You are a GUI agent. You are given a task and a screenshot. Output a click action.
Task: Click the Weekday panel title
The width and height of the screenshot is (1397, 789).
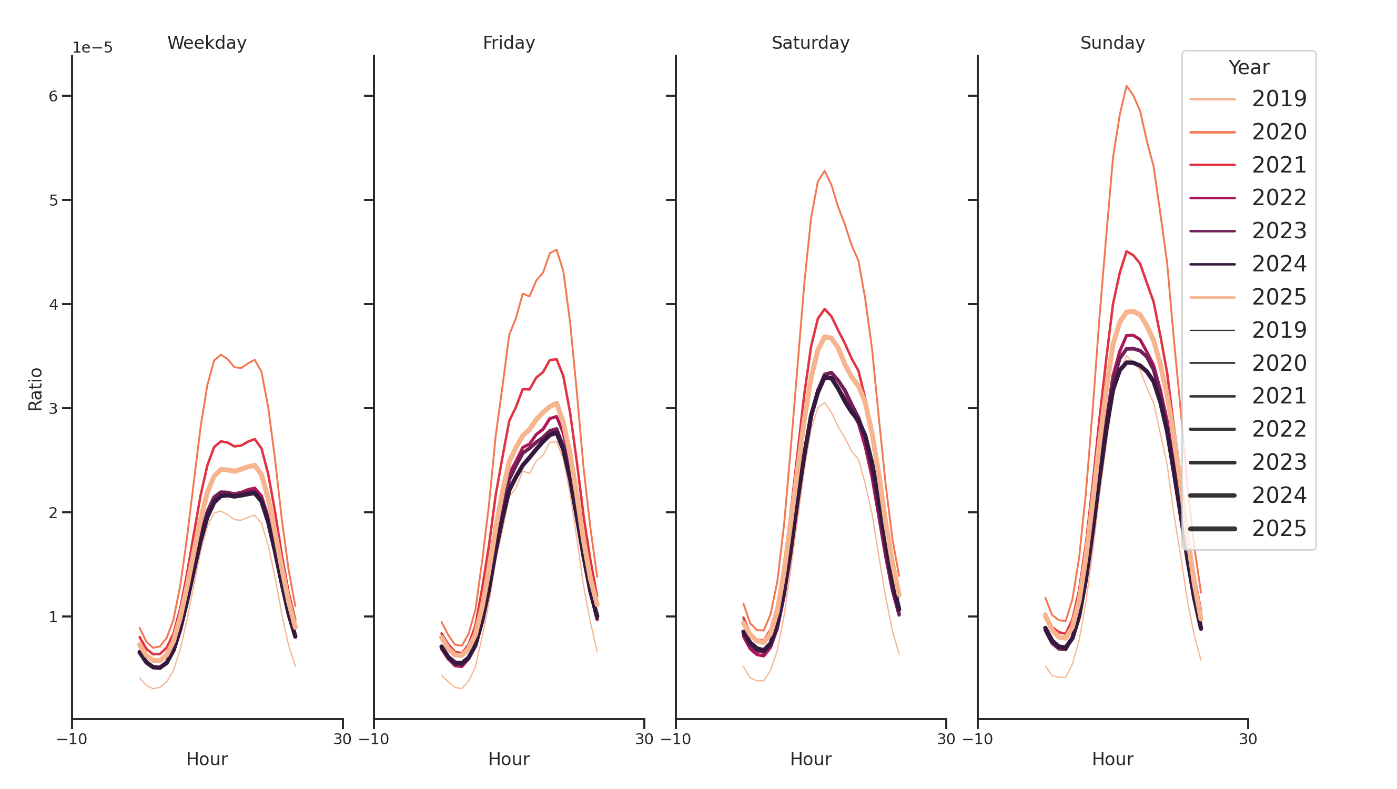click(x=207, y=43)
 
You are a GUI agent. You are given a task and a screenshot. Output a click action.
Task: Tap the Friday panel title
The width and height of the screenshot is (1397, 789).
click(x=509, y=43)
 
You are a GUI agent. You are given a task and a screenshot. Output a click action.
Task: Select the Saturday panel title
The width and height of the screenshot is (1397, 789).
click(x=810, y=43)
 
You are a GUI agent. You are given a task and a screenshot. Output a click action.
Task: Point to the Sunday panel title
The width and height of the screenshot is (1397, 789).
click(x=1112, y=43)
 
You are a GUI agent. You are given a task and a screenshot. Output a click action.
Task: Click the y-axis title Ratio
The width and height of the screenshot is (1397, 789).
click(x=35, y=389)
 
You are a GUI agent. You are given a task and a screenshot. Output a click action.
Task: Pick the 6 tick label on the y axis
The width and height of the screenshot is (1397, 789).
click(x=53, y=96)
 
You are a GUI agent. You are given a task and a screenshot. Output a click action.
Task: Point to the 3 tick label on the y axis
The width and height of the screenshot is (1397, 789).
click(x=53, y=408)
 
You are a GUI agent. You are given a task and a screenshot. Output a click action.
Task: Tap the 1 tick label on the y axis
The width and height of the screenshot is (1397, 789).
click(x=53, y=616)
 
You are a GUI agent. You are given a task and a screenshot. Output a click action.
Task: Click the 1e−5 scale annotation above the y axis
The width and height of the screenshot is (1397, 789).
click(x=93, y=48)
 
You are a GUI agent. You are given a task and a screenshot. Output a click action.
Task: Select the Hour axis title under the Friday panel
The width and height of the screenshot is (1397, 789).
click(x=509, y=759)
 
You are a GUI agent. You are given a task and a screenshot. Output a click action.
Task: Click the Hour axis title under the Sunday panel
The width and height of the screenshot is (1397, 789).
click(x=1112, y=759)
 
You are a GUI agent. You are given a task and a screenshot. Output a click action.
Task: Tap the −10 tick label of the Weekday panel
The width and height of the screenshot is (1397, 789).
click(x=72, y=739)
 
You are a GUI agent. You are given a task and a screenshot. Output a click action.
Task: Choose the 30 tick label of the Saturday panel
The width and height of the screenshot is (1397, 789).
click(x=946, y=739)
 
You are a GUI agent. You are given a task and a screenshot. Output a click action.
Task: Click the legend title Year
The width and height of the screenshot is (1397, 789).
click(x=1248, y=68)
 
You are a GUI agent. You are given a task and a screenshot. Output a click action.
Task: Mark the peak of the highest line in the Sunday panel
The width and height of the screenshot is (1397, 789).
click(x=1127, y=86)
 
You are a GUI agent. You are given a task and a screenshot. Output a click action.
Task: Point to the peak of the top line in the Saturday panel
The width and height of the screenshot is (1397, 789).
click(x=824, y=171)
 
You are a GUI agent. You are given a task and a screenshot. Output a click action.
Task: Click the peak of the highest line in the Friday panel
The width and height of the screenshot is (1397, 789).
click(x=556, y=250)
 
